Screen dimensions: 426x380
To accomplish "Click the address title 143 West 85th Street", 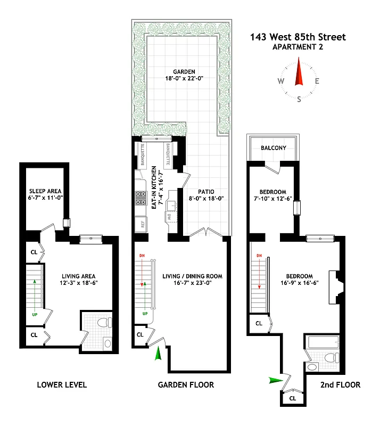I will [x=298, y=37].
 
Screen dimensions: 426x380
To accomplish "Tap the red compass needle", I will [x=299, y=75].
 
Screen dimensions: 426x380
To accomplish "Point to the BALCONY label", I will [x=273, y=148].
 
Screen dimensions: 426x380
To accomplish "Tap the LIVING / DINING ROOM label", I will [x=192, y=276].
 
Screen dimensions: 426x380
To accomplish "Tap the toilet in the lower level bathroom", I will [x=104, y=323].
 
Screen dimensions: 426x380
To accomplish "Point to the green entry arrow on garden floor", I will [x=158, y=354].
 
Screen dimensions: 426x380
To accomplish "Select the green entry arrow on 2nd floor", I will [x=276, y=380].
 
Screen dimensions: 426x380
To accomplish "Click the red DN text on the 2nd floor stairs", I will [x=260, y=257].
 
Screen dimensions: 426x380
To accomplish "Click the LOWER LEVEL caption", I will [x=62, y=384].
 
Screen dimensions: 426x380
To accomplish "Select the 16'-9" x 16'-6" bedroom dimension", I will [x=299, y=283].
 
